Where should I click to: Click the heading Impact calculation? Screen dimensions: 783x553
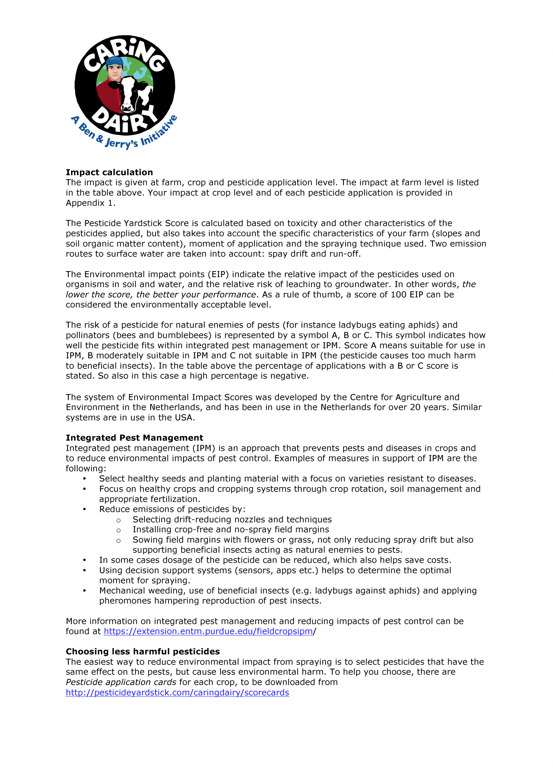(109, 172)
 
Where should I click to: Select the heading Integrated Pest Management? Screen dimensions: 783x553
(135, 438)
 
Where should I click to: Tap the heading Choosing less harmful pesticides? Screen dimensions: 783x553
(143, 651)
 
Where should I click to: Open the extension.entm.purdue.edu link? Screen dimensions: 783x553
(208, 631)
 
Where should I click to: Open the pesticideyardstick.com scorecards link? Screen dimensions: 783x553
(177, 692)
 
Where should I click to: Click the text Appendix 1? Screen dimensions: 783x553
(90, 203)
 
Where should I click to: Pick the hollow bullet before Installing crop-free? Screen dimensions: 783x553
(118, 530)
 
